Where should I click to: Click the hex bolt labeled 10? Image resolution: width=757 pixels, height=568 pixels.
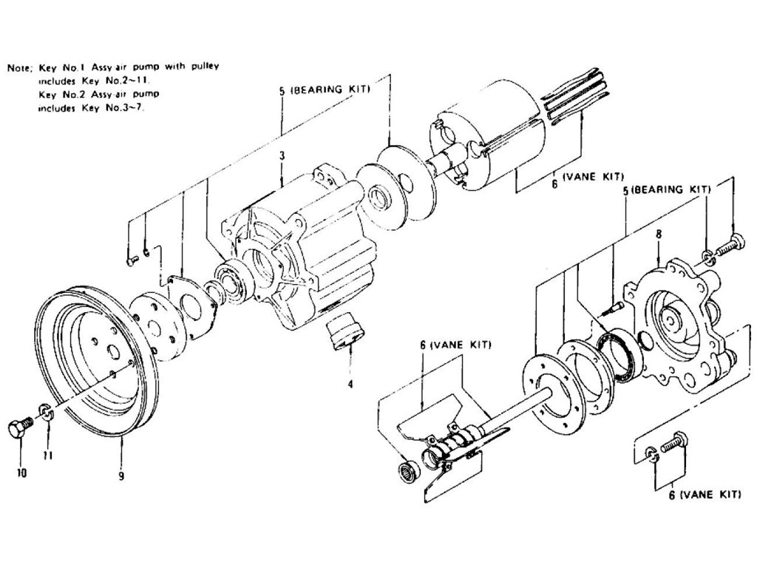(20, 429)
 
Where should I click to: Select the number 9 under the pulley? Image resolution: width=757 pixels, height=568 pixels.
(120, 476)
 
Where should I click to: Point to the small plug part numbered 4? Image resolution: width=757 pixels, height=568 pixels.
(345, 330)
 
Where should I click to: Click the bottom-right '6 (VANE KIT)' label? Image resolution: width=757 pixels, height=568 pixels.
(705, 495)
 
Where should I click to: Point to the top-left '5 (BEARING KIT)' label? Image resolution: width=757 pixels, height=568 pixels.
(325, 89)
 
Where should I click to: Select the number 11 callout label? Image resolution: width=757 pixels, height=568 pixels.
(47, 456)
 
